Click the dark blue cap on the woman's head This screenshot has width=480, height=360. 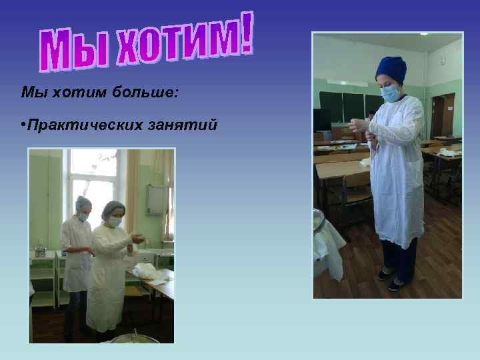pos(391,69)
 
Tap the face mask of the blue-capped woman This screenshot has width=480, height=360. pos(391,94)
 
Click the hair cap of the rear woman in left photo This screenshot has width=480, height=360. pos(83,202)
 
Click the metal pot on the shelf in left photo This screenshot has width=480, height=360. pos(41,251)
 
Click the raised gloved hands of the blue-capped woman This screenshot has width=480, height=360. pos(360,127)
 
